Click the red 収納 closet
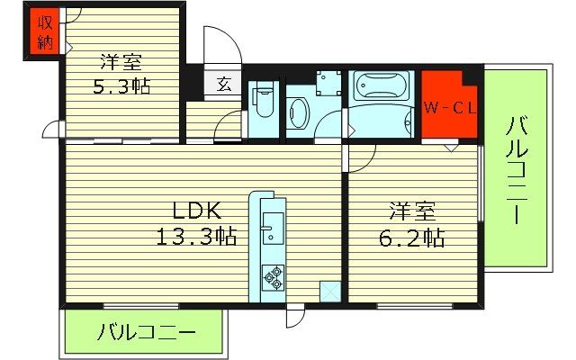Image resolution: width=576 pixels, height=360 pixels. coord(41,32)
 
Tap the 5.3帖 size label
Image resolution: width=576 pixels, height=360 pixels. coord(122,86)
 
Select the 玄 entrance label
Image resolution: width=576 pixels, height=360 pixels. coord(223,85)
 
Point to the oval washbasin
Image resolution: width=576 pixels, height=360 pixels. coord(299,112)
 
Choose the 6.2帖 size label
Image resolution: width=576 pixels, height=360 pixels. coord(412,239)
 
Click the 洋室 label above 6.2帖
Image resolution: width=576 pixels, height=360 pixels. coord(413,213)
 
